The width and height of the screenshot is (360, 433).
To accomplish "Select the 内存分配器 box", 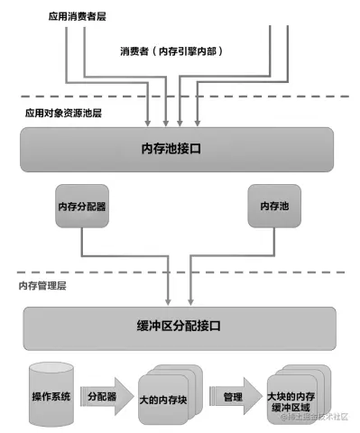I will click(x=82, y=207).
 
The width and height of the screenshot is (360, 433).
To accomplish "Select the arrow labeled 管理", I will click(x=233, y=396).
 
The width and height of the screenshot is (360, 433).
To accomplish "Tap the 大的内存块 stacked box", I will click(x=163, y=398).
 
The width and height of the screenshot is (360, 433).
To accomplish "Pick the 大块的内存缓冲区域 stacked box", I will click(x=292, y=398).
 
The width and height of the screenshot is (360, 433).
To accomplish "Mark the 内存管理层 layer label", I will click(x=43, y=285).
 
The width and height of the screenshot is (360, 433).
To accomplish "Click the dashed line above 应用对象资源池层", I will click(x=180, y=97).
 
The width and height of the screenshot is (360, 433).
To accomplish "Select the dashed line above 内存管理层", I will click(x=180, y=271).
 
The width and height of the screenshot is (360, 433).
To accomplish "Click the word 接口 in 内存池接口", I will click(x=202, y=149).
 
